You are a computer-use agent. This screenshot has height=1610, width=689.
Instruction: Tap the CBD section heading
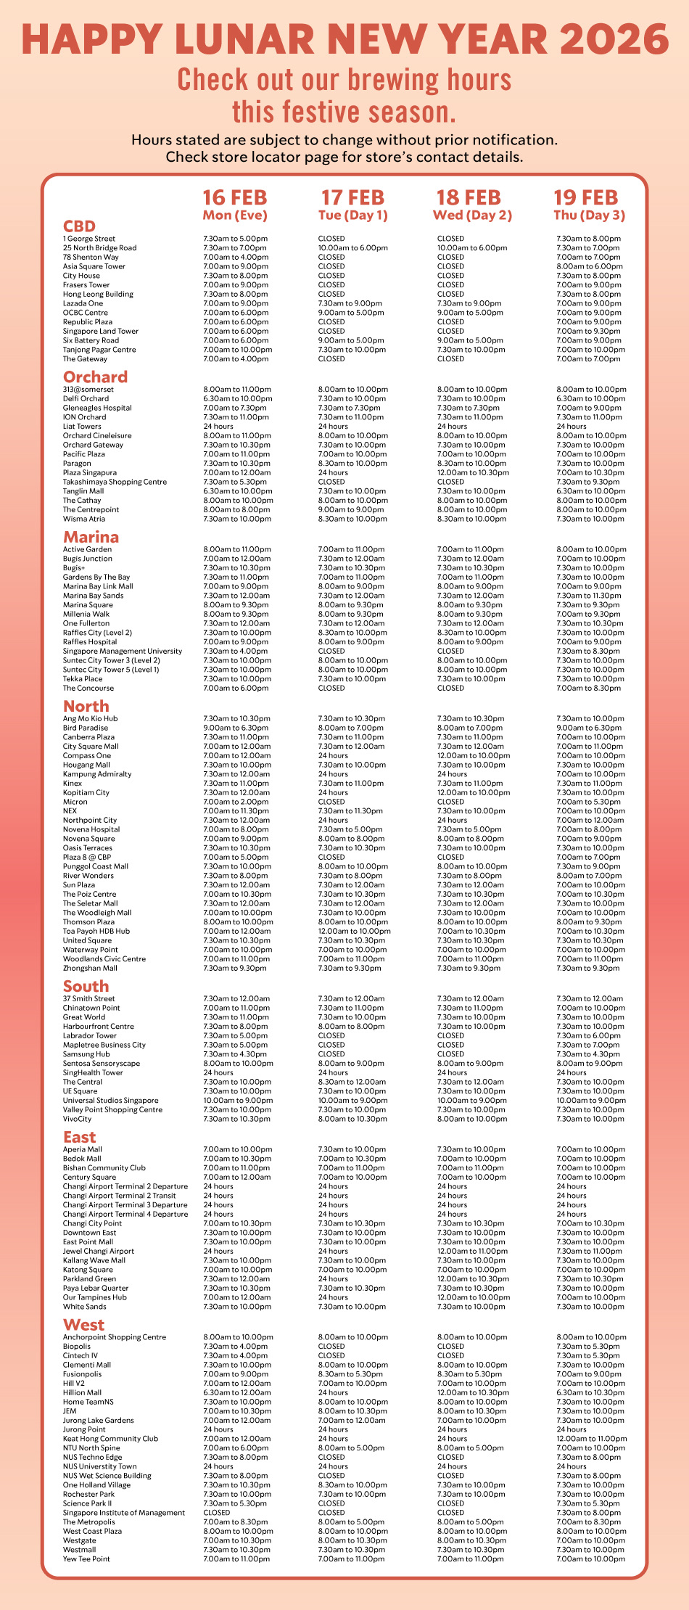tap(79, 226)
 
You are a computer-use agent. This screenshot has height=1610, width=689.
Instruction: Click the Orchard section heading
tap(95, 377)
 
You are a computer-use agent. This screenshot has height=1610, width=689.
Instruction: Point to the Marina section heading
tap(91, 538)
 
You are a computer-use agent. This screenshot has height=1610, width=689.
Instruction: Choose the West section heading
tap(83, 1325)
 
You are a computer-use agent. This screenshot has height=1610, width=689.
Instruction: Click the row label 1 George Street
tap(89, 239)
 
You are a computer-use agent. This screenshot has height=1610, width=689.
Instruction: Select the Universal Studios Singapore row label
tap(110, 1101)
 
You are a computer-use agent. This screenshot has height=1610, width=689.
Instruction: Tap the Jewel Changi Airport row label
tap(98, 1251)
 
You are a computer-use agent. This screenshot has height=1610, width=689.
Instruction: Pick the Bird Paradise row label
tap(86, 728)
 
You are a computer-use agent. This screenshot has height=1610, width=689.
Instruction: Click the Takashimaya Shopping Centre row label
tap(115, 482)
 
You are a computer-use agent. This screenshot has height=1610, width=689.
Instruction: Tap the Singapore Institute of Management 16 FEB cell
tap(217, 1513)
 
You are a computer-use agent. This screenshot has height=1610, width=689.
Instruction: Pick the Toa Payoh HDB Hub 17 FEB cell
tap(354, 931)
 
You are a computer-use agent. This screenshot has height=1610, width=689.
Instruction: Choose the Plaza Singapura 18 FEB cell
tap(473, 473)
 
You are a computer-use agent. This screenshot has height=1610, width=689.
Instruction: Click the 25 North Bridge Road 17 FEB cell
tap(352, 248)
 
